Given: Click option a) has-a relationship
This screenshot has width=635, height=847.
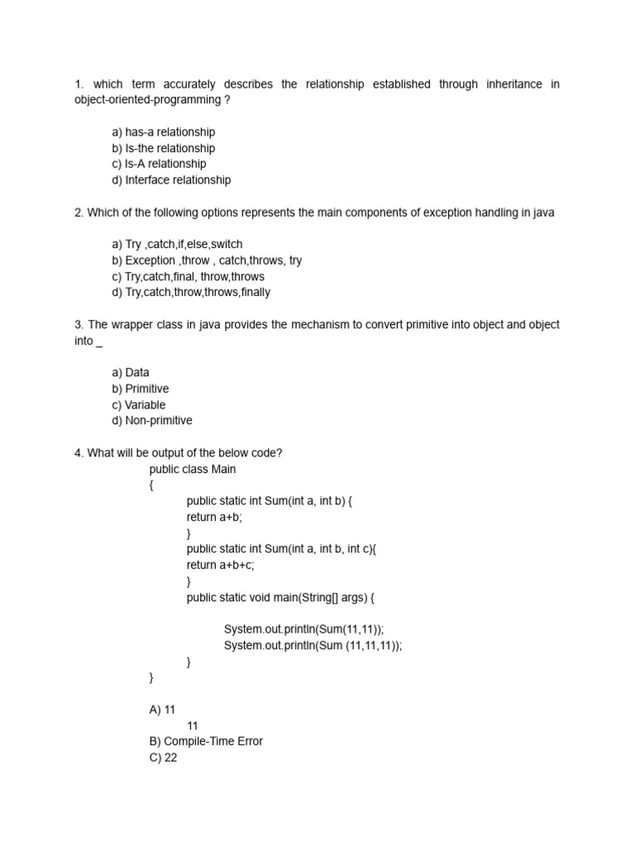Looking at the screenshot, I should pyautogui.click(x=163, y=132).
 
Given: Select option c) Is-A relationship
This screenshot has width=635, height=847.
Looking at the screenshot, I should pyautogui.click(x=159, y=164).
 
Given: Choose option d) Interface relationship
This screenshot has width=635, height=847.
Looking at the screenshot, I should pyautogui.click(x=171, y=179).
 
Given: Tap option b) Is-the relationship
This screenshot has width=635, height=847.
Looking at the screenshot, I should pyautogui.click(x=163, y=148).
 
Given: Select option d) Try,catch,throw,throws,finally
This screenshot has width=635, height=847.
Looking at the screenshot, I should pyautogui.click(x=191, y=292).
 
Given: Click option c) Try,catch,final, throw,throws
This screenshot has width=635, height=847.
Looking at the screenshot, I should pyautogui.click(x=189, y=276).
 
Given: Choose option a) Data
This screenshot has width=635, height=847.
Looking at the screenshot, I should pyautogui.click(x=131, y=373).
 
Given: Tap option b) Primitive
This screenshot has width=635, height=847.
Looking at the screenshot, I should pyautogui.click(x=140, y=389).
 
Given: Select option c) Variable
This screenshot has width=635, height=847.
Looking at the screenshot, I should pyautogui.click(x=138, y=405).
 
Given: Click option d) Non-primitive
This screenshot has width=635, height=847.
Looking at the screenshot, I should pyautogui.click(x=152, y=420).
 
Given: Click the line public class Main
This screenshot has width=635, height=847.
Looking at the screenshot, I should pyautogui.click(x=193, y=469).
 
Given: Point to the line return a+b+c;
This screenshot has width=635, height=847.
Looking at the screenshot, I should pyautogui.click(x=221, y=565).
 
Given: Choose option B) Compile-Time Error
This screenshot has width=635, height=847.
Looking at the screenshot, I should pyautogui.click(x=206, y=741).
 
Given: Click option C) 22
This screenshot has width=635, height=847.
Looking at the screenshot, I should pyautogui.click(x=163, y=758).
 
